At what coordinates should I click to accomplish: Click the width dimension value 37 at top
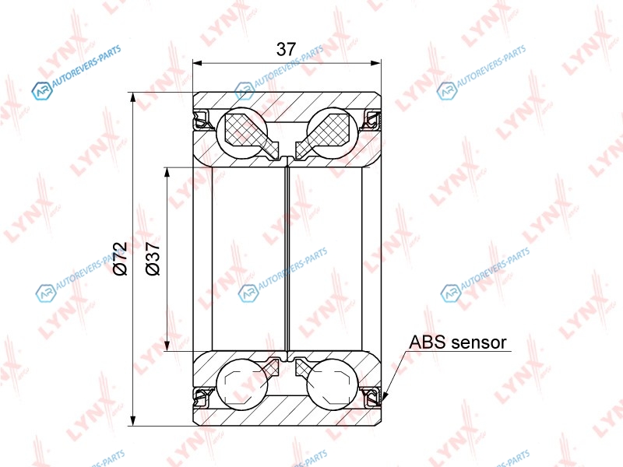pyautogui.click(x=286, y=49)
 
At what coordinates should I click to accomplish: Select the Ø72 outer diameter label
pyautogui.click(x=120, y=258)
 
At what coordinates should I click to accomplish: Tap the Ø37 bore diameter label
pyautogui.click(x=153, y=258)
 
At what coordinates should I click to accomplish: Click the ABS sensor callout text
pyautogui.click(x=458, y=342)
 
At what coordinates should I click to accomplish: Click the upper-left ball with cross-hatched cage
pyautogui.click(x=242, y=133)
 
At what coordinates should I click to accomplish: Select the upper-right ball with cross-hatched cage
pyautogui.click(x=333, y=133)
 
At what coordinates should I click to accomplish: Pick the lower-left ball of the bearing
pyautogui.click(x=242, y=384)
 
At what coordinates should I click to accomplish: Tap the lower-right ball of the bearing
pyautogui.click(x=333, y=384)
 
